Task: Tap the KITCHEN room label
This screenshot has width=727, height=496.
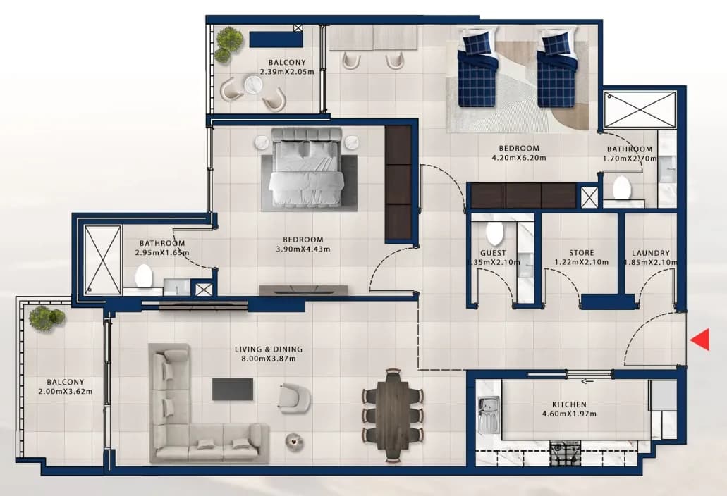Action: pyautogui.click(x=569, y=404)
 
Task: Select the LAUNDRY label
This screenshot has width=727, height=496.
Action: pyautogui.click(x=651, y=253)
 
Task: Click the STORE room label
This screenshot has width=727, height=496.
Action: pyautogui.click(x=582, y=253)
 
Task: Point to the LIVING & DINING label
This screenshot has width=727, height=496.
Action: pyautogui.click(x=269, y=349)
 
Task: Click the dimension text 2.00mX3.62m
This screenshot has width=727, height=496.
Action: pyautogui.click(x=66, y=391)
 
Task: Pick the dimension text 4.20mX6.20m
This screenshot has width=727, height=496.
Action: pyautogui.click(x=519, y=158)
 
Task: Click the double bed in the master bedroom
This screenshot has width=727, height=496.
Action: pyautogui.click(x=307, y=167)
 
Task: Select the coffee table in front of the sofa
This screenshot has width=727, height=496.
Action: pyautogui.click(x=233, y=389)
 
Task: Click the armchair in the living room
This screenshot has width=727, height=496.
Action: pyautogui.click(x=294, y=397)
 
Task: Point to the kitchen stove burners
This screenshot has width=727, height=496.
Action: pyautogui.click(x=565, y=454)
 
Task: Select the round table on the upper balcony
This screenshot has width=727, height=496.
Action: pyautogui.click(x=254, y=85)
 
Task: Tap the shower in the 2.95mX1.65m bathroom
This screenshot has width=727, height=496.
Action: pyautogui.click(x=103, y=260)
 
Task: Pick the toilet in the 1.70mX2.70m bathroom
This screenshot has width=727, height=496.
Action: pyautogui.click(x=622, y=187)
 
